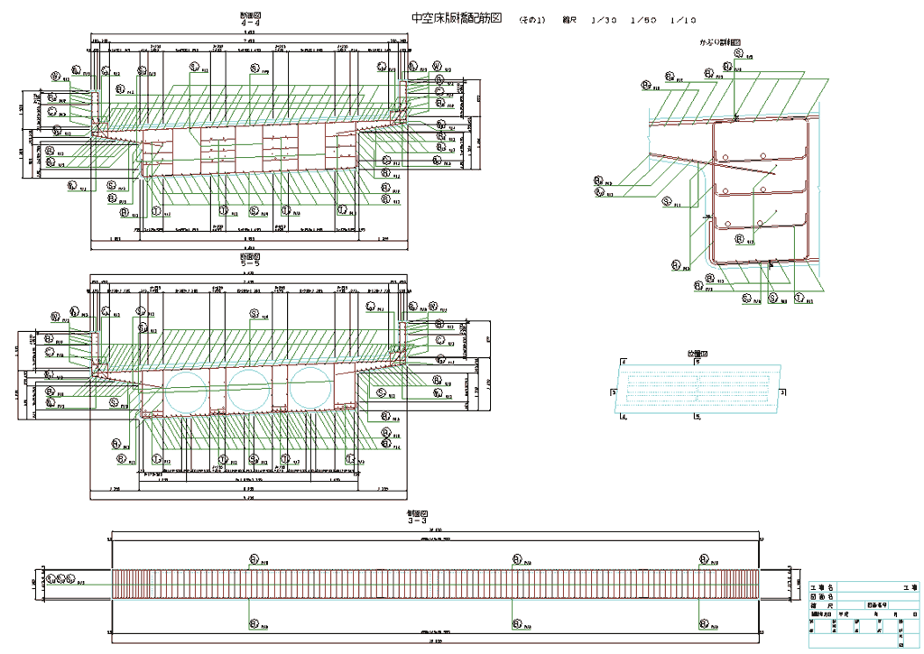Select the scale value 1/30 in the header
coord(604,19)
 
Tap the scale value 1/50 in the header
coord(644,19)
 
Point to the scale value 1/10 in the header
coord(686,19)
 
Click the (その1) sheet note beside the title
coord(532,19)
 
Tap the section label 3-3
coord(417,520)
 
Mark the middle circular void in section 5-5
coord(246,390)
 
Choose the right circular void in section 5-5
coord(307,390)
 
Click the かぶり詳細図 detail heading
coord(719,42)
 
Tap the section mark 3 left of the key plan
coord(612,392)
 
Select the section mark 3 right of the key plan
coord(783,392)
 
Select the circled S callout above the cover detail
coord(739,53)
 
